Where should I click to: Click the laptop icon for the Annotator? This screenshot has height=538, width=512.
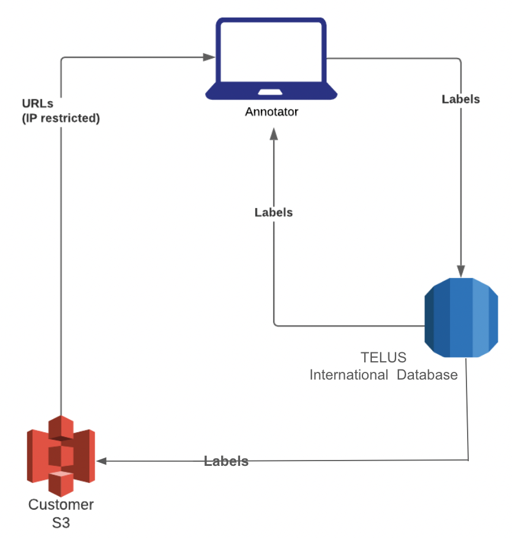tap(271, 59)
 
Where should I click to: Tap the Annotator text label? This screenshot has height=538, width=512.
tap(271, 111)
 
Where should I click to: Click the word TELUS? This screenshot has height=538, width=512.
tap(384, 358)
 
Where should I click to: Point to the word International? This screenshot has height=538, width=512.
tap(349, 375)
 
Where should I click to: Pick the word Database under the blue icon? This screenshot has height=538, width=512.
tap(427, 375)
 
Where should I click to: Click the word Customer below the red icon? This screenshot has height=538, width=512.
tap(61, 505)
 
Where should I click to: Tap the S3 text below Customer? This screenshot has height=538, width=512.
tap(61, 523)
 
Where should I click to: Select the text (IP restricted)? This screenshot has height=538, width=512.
tap(61, 118)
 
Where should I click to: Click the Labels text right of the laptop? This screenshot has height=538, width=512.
tap(461, 99)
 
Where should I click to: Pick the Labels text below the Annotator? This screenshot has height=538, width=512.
tap(273, 212)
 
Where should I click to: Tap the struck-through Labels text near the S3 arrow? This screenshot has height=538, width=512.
tap(226, 461)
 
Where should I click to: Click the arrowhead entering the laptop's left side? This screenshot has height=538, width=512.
tap(209, 57)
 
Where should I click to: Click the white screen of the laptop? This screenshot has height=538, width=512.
tap(271, 52)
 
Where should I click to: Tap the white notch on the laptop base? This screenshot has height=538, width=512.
tap(271, 92)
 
